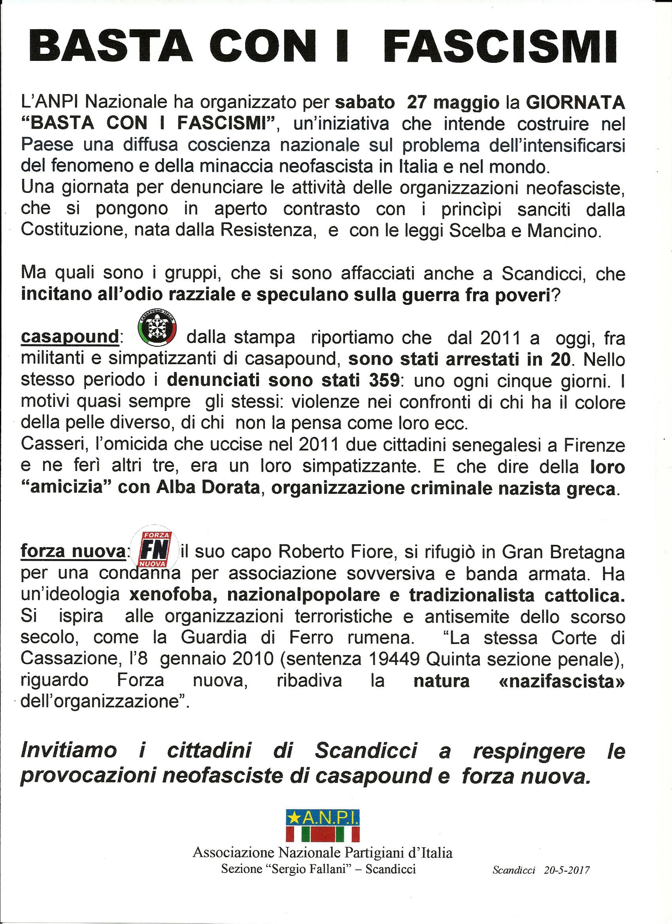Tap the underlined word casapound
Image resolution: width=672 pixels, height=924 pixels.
[x=70, y=337]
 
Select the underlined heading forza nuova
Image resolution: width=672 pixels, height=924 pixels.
[x=73, y=552]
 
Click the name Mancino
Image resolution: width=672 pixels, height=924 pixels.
[x=564, y=231]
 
